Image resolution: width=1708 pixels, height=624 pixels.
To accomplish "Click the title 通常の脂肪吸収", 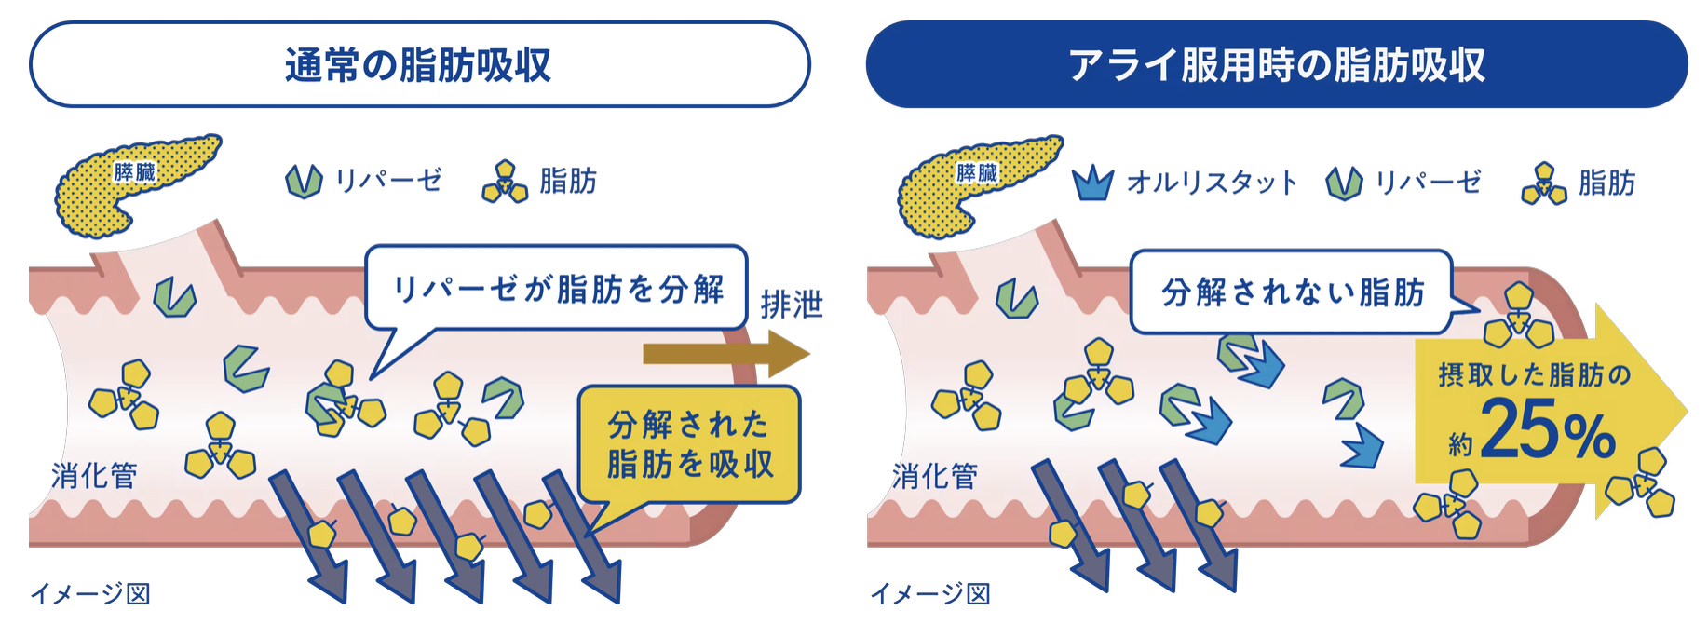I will [x=418, y=65].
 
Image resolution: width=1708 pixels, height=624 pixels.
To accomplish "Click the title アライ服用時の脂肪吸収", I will [x=1276, y=65].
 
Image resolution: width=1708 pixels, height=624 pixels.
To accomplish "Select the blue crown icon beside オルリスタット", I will [x=1092, y=183].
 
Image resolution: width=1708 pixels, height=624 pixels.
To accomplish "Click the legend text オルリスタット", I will [x=1212, y=183].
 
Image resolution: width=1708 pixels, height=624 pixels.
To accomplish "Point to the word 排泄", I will [x=791, y=305].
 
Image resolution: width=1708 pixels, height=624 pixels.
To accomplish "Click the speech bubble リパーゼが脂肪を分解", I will [x=557, y=289].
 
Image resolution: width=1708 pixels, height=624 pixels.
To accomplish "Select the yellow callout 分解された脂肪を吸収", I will [x=689, y=444].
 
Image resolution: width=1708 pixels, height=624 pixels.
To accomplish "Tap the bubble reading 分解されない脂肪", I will [x=1292, y=292].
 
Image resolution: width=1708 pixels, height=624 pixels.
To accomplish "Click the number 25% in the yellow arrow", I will [x=1546, y=429].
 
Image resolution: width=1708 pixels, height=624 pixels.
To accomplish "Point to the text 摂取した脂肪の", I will [x=1534, y=374].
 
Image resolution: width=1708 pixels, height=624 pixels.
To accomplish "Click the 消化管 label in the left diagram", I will [x=94, y=476].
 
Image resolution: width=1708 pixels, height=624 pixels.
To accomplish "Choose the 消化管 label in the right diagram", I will [x=935, y=476].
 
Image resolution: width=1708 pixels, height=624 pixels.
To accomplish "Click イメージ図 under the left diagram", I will [x=90, y=593].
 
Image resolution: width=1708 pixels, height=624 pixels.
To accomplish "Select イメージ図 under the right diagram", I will [x=930, y=593].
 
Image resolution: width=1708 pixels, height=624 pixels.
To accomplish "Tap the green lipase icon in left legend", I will [x=304, y=181].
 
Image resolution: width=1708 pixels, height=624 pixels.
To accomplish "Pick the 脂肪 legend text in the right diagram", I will [x=1606, y=183].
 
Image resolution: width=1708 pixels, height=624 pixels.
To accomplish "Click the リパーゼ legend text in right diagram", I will [x=1428, y=183].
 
